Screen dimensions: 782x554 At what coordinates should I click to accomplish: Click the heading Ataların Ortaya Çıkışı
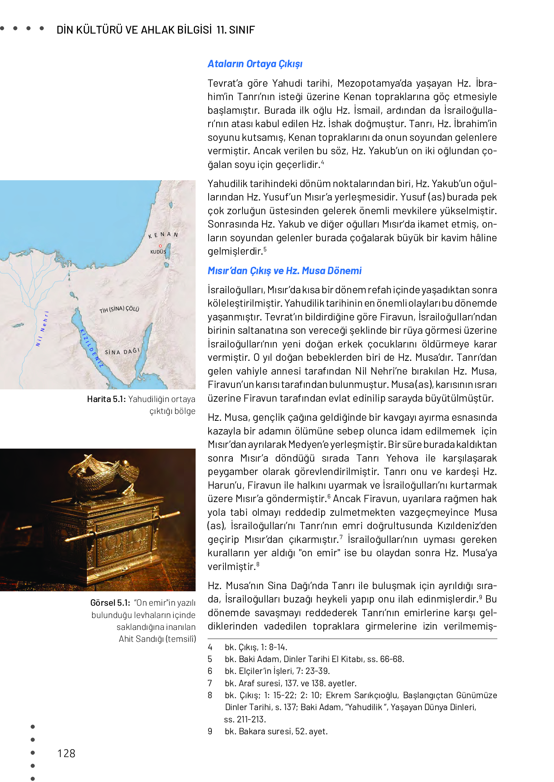[255, 64]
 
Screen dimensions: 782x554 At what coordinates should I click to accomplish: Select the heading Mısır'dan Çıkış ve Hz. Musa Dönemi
[284, 271]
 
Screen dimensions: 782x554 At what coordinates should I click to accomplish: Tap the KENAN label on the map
[163, 235]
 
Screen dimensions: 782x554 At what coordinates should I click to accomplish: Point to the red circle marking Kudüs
[160, 246]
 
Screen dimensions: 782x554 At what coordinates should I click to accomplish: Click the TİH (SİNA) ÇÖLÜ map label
[119, 309]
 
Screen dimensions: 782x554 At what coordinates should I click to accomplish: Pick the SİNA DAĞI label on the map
[122, 351]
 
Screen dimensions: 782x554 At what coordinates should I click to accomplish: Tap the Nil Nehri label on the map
[42, 329]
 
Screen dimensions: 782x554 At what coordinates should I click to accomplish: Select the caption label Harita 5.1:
[106, 399]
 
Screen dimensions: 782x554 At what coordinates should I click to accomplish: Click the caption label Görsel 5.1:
[110, 603]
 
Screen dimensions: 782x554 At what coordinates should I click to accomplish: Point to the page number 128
[66, 753]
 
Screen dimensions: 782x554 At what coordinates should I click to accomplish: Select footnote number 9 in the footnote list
[210, 731]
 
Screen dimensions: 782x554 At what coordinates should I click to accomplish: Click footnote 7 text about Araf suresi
[291, 683]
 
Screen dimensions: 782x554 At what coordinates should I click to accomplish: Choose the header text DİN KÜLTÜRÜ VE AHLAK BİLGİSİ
[134, 30]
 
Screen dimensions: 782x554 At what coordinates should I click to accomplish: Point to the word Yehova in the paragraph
[402, 458]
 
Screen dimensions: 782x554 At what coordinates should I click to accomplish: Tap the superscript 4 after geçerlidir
[322, 163]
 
